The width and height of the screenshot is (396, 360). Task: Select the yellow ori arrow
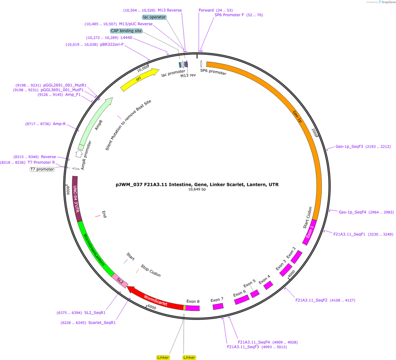(x=139, y=79)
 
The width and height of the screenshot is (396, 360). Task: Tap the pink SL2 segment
(x=120, y=281)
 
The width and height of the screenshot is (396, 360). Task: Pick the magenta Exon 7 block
(x=218, y=306)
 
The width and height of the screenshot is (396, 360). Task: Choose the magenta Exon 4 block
(x=268, y=285)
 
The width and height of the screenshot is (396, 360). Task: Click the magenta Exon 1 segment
(x=310, y=232)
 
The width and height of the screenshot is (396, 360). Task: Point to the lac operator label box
(x=154, y=17)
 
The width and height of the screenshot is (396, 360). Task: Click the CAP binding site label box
(x=126, y=31)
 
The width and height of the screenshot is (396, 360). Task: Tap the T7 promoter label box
(x=42, y=169)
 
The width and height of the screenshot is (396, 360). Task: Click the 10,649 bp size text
(x=197, y=189)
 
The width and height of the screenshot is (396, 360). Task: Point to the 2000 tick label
(x=314, y=133)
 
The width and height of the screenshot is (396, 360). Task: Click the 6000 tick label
(x=152, y=307)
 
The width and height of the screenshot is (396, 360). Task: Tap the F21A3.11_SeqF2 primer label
(x=311, y=300)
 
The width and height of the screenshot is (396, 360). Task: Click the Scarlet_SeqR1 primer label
(x=102, y=322)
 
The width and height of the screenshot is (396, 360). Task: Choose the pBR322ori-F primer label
(x=112, y=44)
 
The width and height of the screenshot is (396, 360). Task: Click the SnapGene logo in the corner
(x=388, y=2)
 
